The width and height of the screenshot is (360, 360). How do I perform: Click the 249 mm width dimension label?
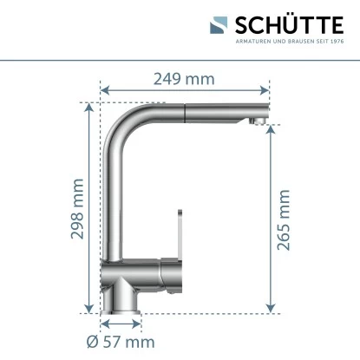pyautogui.click(x=184, y=79)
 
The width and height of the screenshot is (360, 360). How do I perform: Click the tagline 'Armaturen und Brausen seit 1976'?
pyautogui.click(x=289, y=42)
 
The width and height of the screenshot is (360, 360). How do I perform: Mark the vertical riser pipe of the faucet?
pyautogui.click(x=115, y=200)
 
